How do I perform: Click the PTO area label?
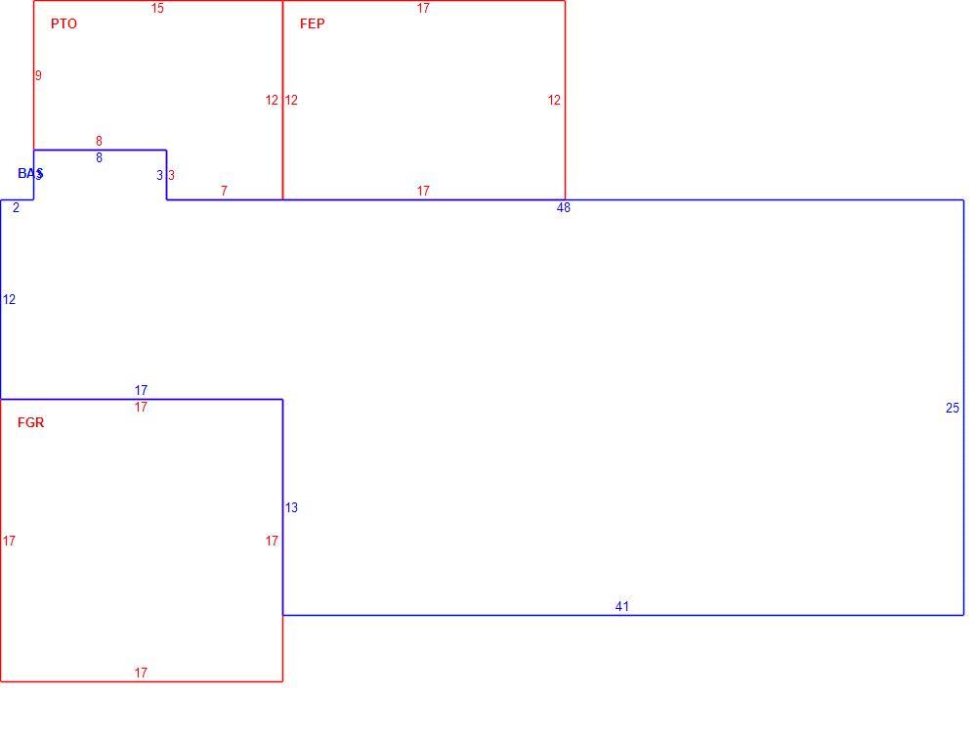(x=64, y=23)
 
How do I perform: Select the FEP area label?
(x=313, y=23)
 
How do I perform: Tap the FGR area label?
(x=30, y=422)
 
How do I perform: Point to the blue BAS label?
(x=30, y=173)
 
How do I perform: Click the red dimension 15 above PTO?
(x=157, y=8)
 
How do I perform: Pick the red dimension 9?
(x=38, y=75)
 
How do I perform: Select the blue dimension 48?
(x=564, y=207)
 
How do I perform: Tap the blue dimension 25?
(x=953, y=408)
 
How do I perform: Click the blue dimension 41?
(x=621, y=606)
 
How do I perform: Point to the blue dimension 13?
(x=291, y=507)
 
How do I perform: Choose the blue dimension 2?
(x=17, y=207)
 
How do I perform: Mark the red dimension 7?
(x=225, y=191)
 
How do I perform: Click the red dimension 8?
(x=99, y=141)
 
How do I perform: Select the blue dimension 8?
(x=99, y=157)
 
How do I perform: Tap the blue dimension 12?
(x=9, y=299)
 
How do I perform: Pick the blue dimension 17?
(x=141, y=390)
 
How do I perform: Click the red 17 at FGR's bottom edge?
(x=141, y=673)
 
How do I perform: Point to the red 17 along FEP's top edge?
(x=423, y=8)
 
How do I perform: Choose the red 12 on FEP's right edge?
(x=554, y=100)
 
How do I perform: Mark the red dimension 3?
(x=171, y=175)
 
